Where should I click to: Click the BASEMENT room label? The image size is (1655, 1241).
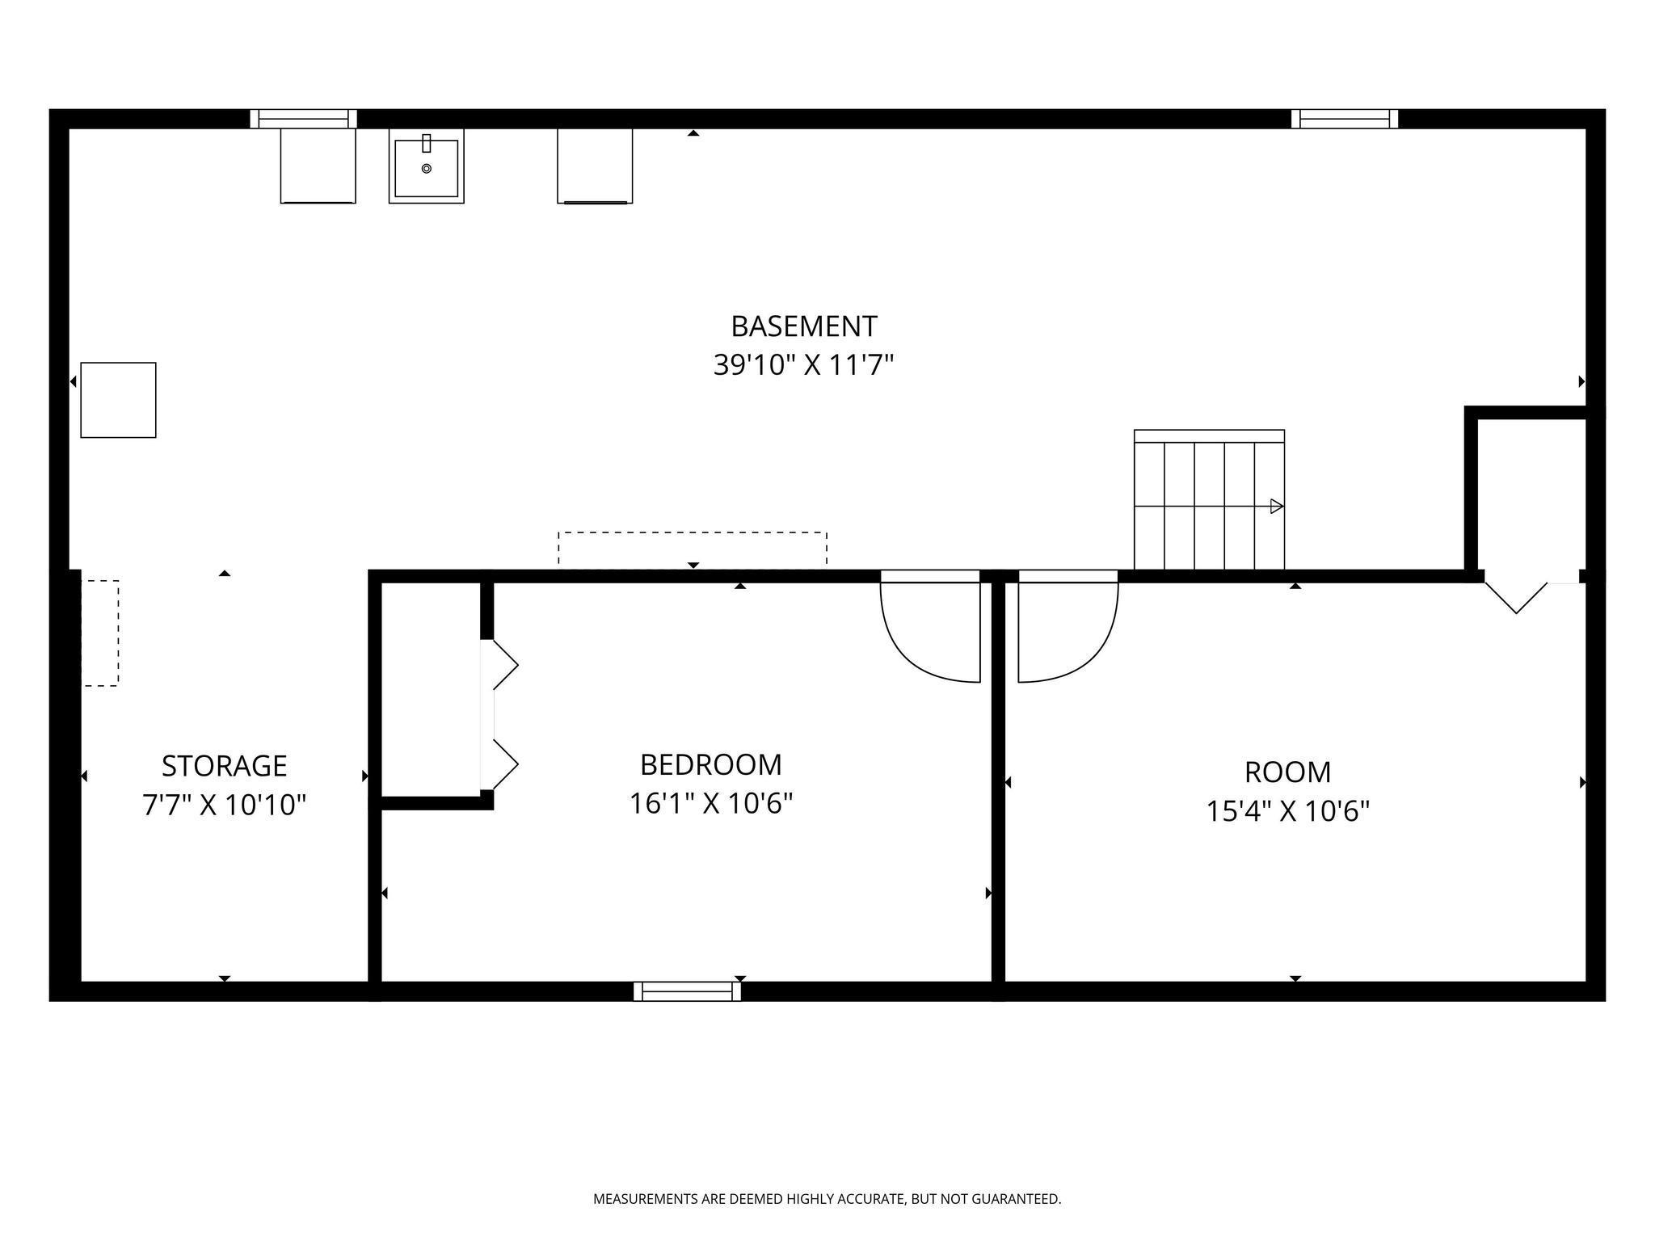803,326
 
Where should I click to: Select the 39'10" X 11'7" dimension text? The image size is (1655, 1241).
803,365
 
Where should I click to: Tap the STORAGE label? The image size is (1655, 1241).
224,765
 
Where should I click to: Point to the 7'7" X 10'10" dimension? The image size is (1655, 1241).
224,805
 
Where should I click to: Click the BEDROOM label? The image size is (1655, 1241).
711,764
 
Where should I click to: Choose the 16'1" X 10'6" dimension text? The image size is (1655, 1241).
711,804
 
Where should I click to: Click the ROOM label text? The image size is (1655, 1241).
1287,772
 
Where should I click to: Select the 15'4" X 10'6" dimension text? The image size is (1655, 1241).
1288,811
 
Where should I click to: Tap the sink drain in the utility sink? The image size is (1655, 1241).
427,169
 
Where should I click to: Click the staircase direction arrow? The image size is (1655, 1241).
1277,507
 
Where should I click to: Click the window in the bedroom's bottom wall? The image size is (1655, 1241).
687,991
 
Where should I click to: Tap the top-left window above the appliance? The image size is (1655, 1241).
303,119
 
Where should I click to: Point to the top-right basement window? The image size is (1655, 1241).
1345,119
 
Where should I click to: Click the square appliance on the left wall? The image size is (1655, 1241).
118,400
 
